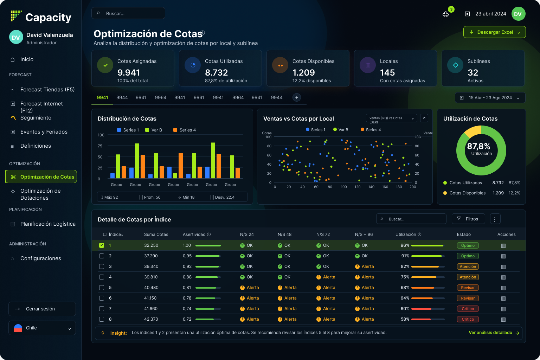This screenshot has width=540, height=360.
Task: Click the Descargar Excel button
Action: [x=494, y=32]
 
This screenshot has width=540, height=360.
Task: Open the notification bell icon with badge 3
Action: [x=445, y=14]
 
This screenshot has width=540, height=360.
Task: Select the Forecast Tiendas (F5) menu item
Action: [x=47, y=89]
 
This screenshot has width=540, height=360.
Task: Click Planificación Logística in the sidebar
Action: [x=48, y=224]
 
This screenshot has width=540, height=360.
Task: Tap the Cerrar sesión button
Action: [x=42, y=309]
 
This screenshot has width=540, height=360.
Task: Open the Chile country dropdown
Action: [x=42, y=328]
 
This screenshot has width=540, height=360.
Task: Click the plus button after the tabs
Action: [x=296, y=97]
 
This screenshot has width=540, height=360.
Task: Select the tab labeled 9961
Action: [x=199, y=97]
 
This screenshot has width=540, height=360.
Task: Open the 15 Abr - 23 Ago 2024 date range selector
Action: [x=490, y=98]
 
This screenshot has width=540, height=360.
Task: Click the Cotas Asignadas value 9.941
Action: [x=128, y=72]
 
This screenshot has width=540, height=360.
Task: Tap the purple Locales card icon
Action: [x=368, y=65]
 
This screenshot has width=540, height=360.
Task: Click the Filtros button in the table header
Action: [x=468, y=219]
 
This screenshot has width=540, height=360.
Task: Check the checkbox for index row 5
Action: [x=102, y=288]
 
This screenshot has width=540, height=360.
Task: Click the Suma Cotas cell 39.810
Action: [x=151, y=277]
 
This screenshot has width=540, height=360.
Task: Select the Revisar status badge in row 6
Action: [x=468, y=298]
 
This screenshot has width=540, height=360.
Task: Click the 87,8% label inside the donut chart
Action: [x=478, y=146]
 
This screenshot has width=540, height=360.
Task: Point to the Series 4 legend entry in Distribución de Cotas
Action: [x=185, y=130]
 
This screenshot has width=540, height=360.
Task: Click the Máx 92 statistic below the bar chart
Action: [x=110, y=197]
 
